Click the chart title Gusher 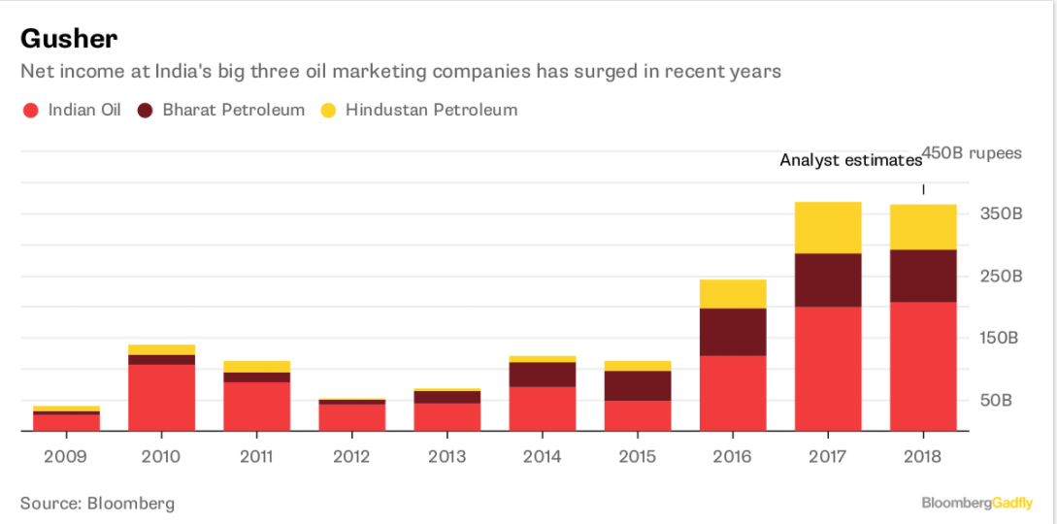click(69, 38)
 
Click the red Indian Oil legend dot click(30, 110)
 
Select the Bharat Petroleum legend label click(233, 110)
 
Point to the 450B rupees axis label click(972, 153)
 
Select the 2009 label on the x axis click(66, 456)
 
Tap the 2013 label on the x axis click(446, 456)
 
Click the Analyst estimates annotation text click(850, 160)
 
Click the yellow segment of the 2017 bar click(828, 227)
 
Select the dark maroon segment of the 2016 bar click(733, 332)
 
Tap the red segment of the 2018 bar click(923, 366)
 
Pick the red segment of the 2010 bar click(161, 398)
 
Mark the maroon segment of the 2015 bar click(638, 385)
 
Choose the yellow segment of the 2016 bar click(733, 293)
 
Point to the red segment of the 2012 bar click(351, 417)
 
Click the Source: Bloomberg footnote click(97, 504)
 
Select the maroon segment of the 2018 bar click(923, 276)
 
